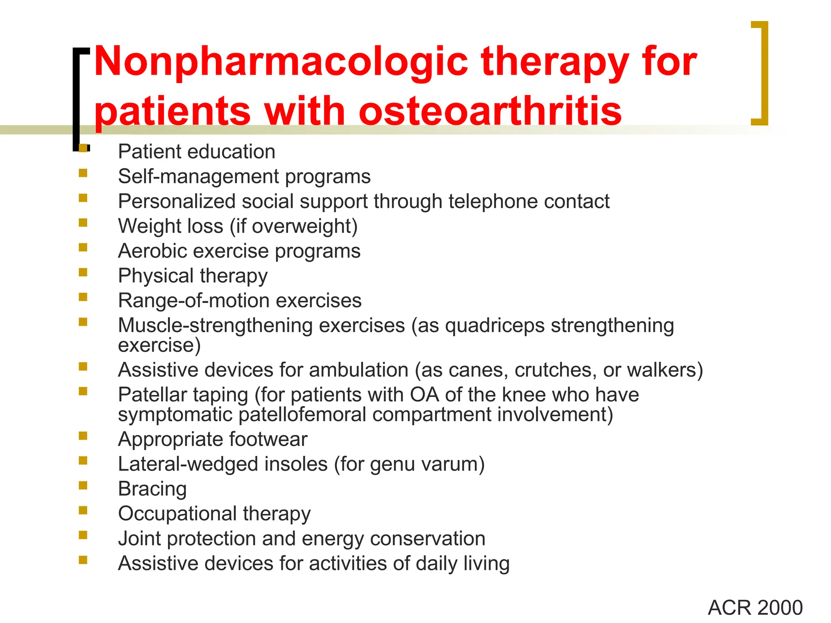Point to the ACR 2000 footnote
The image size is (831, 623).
coord(755,608)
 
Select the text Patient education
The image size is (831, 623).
coord(196,152)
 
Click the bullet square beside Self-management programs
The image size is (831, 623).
coord(83,173)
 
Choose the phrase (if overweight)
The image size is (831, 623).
coord(294,226)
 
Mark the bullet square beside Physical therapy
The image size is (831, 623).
coord(83,272)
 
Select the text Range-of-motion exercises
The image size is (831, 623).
coord(239,301)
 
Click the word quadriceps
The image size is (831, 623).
coord(495,326)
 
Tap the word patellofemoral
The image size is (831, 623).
coord(302,415)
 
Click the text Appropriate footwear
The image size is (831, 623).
coord(213,439)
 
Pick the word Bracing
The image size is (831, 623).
coord(152,489)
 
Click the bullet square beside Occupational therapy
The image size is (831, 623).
coord(83,510)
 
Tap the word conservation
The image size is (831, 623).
coord(428,539)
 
